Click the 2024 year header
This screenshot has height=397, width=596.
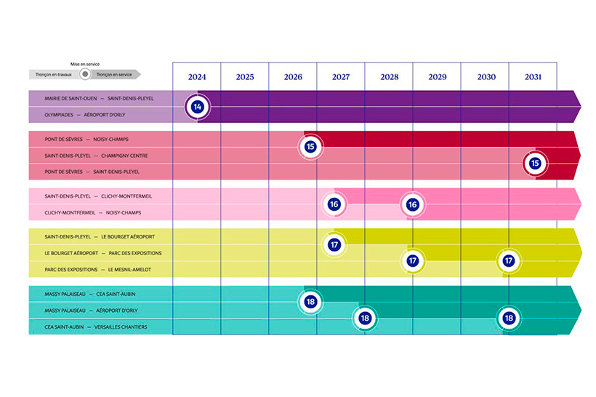[x=196, y=77]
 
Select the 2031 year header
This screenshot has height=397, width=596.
[x=532, y=77]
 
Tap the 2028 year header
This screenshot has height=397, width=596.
[x=388, y=77]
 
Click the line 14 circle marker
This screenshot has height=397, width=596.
[x=197, y=107]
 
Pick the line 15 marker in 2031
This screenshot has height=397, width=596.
[x=535, y=164]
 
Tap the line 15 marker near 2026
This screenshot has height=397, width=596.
[x=310, y=147]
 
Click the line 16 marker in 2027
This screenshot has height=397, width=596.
[x=334, y=204]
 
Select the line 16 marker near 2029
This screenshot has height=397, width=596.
[x=412, y=204]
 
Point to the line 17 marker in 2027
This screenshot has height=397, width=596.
[x=334, y=244]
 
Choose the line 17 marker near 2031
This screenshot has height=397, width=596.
[x=509, y=260]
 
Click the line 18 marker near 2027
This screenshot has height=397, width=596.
[x=310, y=301]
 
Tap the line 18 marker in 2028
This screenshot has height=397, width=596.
[x=365, y=318]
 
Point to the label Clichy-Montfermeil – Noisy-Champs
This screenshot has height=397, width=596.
[x=92, y=212]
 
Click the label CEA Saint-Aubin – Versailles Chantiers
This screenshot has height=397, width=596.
[x=95, y=327]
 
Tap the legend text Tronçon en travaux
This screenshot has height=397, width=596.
[x=55, y=74]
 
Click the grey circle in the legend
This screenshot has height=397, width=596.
[x=85, y=74]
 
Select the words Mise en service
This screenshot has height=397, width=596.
[x=84, y=64]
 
